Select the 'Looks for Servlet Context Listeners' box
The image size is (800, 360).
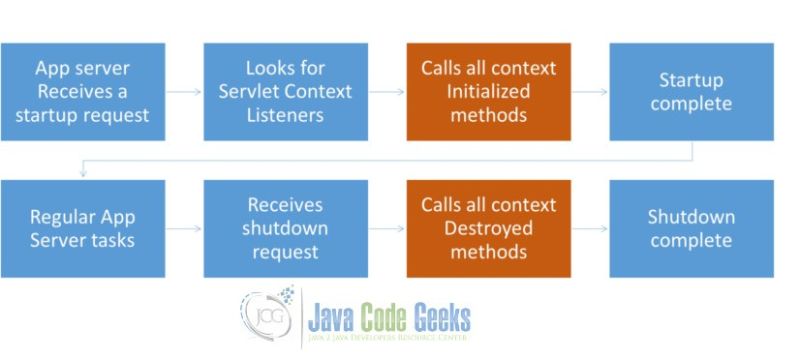(x=287, y=92)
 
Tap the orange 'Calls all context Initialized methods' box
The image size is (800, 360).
(x=488, y=92)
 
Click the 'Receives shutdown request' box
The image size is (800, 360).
(x=287, y=228)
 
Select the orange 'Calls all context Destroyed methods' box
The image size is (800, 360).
(x=488, y=228)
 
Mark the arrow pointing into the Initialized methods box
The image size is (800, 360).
(x=388, y=92)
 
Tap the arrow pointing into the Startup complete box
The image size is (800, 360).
(x=589, y=92)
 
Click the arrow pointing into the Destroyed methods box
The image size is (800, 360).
(x=388, y=228)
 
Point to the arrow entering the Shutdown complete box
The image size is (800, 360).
(x=589, y=228)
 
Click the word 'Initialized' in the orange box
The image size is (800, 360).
(x=488, y=92)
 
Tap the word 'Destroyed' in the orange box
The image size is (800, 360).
(x=488, y=228)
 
